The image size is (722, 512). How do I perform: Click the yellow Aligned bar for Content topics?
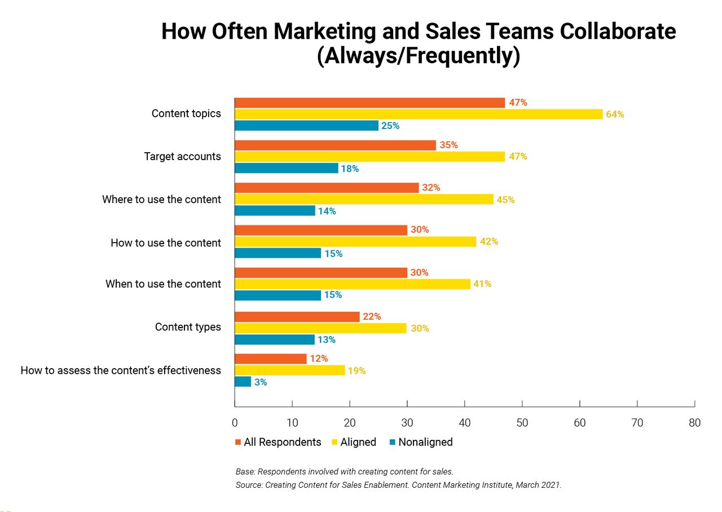click(x=418, y=114)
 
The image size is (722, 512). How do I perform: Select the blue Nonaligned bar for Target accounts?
click(x=286, y=168)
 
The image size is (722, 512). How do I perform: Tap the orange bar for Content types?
click(x=297, y=317)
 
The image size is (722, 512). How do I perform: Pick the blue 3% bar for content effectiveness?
click(x=243, y=382)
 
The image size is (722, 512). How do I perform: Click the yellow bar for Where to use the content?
click(x=364, y=200)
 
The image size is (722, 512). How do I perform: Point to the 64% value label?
click(x=615, y=114)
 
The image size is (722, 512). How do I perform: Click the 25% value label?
click(x=390, y=126)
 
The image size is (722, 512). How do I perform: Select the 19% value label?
click(x=356, y=371)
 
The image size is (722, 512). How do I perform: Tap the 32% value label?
click(x=431, y=188)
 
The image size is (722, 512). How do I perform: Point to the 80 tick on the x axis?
click(x=694, y=423)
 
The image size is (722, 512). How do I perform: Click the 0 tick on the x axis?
click(x=235, y=423)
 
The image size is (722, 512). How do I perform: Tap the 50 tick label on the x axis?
click(x=522, y=423)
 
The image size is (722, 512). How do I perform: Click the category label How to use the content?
click(x=166, y=243)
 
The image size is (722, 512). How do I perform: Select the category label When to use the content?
click(x=163, y=284)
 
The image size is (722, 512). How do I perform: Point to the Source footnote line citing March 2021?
click(x=398, y=485)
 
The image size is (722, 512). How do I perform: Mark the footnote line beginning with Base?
click(x=344, y=471)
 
